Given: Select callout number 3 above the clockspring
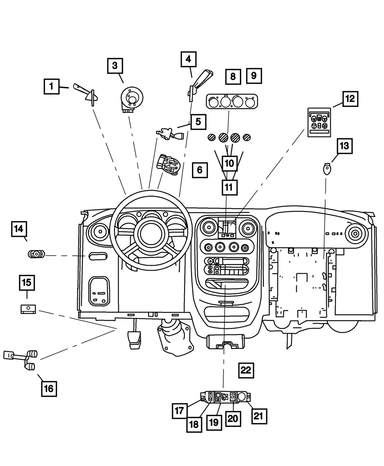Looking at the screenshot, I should pos(115,66).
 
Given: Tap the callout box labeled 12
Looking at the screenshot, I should pos(349,99).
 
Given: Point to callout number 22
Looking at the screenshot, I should pos(246,370).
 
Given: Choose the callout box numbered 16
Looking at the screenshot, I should pos(49,388).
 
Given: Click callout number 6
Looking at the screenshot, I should pos(200,169).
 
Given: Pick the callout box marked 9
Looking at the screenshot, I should pos(254,76).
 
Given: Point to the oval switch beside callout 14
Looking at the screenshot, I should pos(36,254).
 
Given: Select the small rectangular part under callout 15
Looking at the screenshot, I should pos(28,309).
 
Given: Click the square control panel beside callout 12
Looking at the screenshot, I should pos(319,122).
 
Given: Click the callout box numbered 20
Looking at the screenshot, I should pos(233,418).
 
